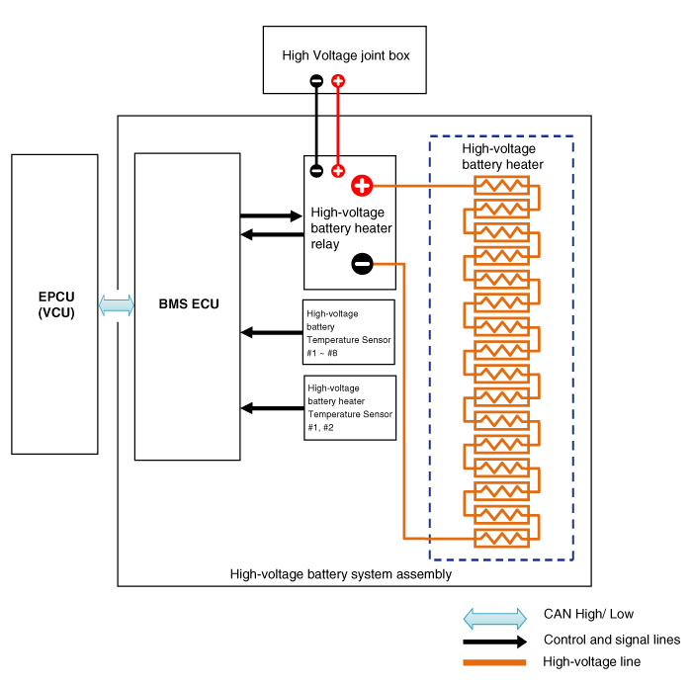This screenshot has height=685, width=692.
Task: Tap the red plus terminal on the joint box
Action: tap(338, 81)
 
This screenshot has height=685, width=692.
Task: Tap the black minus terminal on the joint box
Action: tap(316, 81)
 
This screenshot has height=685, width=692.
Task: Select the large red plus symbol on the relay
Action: tap(362, 185)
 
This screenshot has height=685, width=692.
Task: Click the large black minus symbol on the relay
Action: tap(362, 264)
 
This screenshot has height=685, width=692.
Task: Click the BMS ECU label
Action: tap(187, 303)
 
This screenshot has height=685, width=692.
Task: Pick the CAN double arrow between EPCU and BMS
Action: tap(116, 305)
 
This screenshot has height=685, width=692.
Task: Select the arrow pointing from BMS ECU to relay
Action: tap(271, 214)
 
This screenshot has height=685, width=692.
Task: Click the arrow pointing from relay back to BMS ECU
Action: tap(271, 234)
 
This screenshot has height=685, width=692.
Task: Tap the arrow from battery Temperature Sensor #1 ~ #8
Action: tap(271, 332)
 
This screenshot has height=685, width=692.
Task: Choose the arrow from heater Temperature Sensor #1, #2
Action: tap(271, 407)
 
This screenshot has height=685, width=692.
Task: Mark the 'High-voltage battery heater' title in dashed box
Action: tap(502, 156)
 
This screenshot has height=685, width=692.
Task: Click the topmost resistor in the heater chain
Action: tap(502, 185)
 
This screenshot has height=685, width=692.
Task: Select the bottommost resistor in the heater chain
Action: tap(502, 538)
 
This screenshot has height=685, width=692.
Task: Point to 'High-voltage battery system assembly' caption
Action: tap(340, 573)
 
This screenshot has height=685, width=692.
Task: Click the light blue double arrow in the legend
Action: tap(495, 619)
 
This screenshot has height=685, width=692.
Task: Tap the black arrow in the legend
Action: tap(495, 641)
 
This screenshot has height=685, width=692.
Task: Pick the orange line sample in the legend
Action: tap(495, 662)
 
